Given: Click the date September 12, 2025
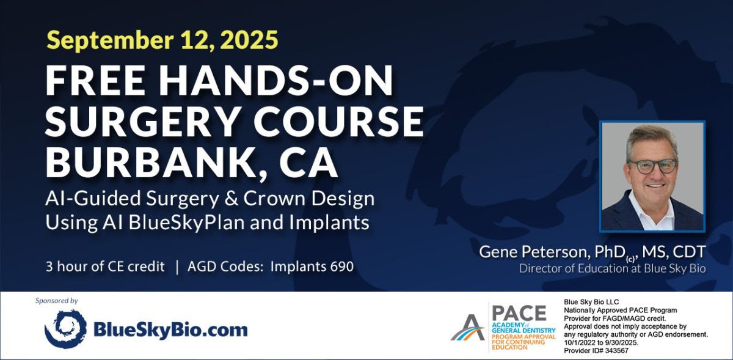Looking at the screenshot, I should (x=162, y=40).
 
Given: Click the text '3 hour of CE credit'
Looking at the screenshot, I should (x=106, y=267).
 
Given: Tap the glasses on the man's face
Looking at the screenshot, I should (x=653, y=166).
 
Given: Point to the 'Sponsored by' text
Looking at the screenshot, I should (x=57, y=301).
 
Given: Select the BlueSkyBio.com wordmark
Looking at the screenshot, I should (x=170, y=330).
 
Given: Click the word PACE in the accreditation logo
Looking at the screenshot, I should (x=519, y=313).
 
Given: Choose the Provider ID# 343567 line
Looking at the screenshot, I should (x=596, y=350).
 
